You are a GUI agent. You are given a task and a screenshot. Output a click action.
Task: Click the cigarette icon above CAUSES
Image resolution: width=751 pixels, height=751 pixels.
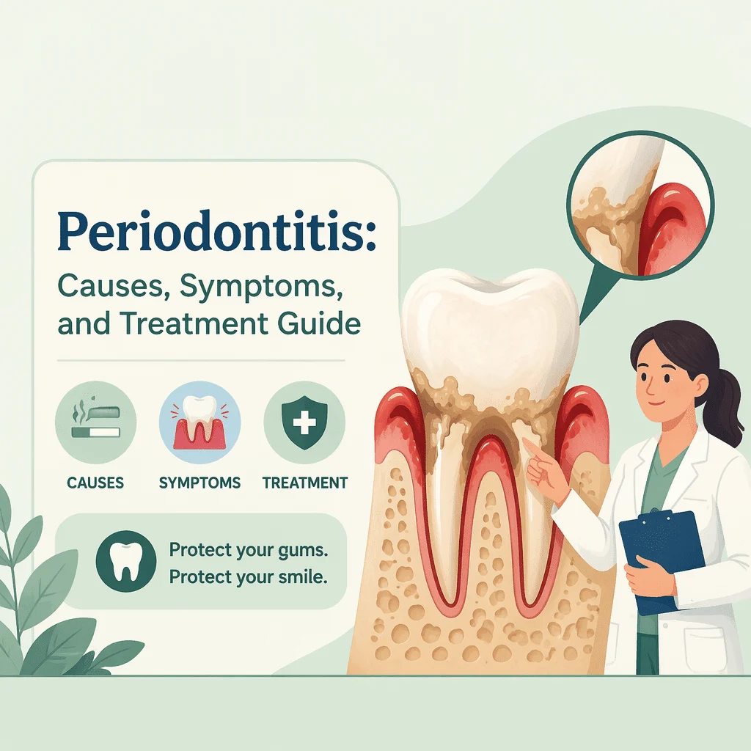point(95,422)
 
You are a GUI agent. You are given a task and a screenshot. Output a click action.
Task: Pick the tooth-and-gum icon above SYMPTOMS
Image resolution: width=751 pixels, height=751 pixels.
point(199,422)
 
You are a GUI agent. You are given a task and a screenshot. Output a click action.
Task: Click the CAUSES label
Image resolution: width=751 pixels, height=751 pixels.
point(95,483)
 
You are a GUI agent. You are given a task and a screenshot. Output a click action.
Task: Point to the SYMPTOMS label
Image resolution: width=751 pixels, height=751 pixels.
point(199,483)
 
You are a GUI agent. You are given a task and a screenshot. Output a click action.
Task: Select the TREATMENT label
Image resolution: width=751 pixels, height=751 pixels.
point(305,483)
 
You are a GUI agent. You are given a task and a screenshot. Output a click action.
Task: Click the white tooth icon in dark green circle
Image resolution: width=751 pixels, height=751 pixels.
point(126,561)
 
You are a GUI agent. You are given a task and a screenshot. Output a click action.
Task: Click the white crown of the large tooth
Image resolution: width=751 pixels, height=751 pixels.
point(489,326)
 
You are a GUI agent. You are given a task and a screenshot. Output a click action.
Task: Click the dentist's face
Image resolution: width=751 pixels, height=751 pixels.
point(663,381)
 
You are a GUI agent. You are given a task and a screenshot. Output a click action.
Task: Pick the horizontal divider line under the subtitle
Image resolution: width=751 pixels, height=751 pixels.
point(201,360)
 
